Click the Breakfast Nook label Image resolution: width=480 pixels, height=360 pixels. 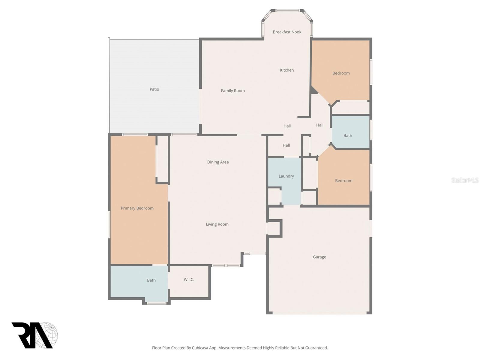[x=287, y=32]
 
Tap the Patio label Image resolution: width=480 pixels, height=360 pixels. [x=154, y=89]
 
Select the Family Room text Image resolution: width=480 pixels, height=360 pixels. [x=233, y=91]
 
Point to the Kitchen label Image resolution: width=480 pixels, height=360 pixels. [x=287, y=70]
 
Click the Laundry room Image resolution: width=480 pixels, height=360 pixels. [x=286, y=176]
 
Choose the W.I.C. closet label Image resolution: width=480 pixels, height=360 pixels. [x=189, y=280]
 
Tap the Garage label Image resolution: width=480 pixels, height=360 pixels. [x=319, y=257]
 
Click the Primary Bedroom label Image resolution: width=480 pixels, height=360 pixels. [x=137, y=208]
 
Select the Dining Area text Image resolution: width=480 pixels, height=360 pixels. [x=218, y=162]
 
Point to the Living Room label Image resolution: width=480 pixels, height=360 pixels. [x=217, y=224]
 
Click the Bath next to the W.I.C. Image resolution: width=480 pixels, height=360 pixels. [x=151, y=280]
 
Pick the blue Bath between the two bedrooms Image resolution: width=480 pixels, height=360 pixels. [x=348, y=136]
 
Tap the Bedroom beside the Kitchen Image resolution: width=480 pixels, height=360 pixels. [x=341, y=73]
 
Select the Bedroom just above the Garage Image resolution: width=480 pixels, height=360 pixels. [x=343, y=181]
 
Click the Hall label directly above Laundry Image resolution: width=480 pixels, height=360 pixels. [x=286, y=145]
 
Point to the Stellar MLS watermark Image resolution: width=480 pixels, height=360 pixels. [x=465, y=180]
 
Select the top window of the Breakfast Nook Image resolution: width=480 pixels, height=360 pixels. [x=287, y=11]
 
